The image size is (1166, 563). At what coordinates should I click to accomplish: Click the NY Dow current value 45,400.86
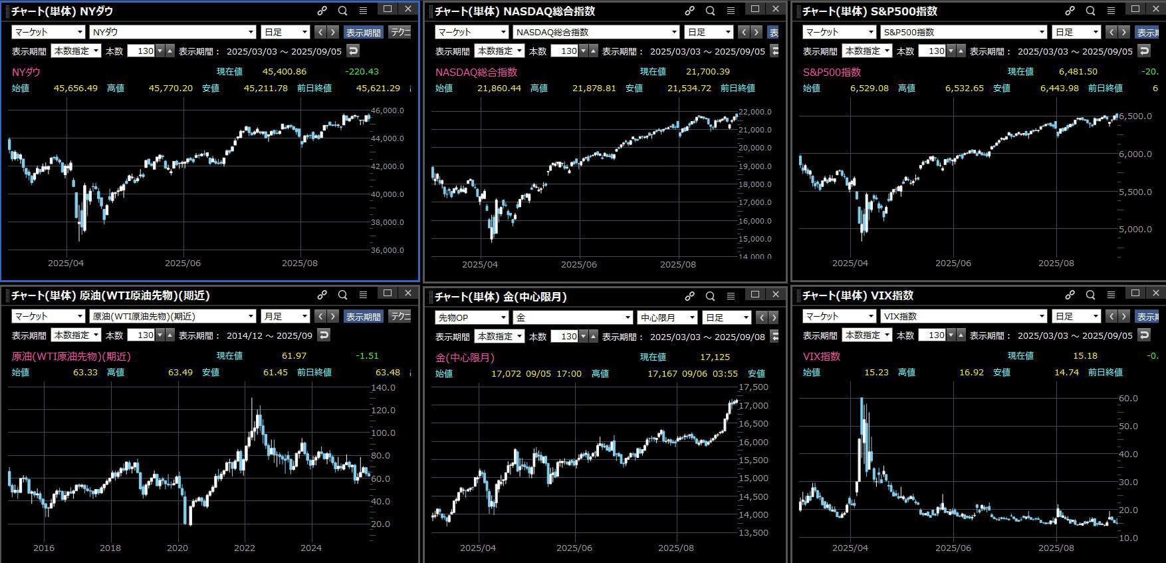pos(284,72)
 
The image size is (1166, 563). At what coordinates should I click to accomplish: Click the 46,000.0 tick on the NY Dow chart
pos(388,111)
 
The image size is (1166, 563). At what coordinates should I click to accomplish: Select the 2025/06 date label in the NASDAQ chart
pos(578,264)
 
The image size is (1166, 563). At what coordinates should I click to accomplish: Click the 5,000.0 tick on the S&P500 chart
pos(1135,230)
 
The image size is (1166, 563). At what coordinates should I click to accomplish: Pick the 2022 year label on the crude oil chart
pos(244,548)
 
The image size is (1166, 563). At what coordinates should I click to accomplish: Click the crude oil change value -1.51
pos(367,356)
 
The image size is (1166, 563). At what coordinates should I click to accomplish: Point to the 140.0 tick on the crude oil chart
pos(384,388)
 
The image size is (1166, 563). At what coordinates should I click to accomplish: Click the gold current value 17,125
pos(715,357)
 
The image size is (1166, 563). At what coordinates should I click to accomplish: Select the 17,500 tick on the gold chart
pos(753,387)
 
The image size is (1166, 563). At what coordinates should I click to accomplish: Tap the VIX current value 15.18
pos(1085,356)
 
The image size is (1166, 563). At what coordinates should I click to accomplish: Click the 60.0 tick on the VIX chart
pos(1128,399)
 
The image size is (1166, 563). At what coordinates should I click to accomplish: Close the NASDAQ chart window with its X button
pos(775,9)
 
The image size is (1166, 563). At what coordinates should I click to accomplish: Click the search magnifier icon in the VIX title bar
pos(1090,295)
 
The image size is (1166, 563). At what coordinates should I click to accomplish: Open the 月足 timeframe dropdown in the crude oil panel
pos(285,317)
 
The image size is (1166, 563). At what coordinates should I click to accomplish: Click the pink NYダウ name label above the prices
pos(27,72)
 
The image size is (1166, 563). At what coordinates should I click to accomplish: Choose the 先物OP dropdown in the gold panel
pos(471,318)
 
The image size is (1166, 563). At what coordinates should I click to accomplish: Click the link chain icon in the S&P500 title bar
pos(1070,11)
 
